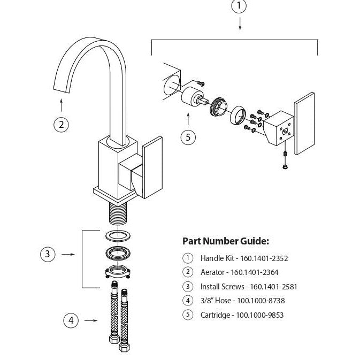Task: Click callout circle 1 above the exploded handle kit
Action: pos(239,7)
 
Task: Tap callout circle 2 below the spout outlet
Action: pos(62,125)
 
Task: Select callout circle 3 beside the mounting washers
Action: pos(48,255)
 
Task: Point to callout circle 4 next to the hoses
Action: pos(71,320)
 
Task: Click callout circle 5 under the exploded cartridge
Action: pos(188,137)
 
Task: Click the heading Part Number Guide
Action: pos(226,241)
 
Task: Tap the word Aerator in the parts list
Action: pos(212,272)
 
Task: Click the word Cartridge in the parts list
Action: pos(215,315)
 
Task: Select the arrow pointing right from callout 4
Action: pos(91,320)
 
